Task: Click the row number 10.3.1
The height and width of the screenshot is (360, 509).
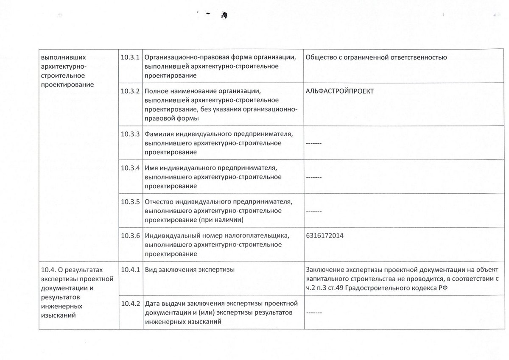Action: click(x=130, y=57)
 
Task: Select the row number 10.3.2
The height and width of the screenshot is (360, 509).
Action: click(x=130, y=91)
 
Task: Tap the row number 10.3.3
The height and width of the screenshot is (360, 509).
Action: click(x=130, y=134)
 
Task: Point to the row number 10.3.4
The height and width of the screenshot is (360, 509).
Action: click(x=130, y=167)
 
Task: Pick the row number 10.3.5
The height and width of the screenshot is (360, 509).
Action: click(x=130, y=201)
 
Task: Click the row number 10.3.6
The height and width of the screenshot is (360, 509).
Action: click(x=130, y=236)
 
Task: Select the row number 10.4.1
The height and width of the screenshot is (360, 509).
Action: click(x=130, y=269)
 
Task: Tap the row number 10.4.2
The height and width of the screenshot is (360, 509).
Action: click(x=130, y=304)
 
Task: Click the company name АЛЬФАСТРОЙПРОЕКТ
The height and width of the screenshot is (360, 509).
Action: click(x=339, y=91)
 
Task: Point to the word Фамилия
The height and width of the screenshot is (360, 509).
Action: click(x=159, y=134)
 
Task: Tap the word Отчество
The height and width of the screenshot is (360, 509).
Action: click(x=159, y=201)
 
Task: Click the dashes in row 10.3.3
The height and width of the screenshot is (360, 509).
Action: click(x=313, y=143)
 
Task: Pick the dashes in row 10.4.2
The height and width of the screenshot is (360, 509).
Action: click(x=313, y=313)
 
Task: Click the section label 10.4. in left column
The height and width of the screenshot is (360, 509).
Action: click(x=49, y=269)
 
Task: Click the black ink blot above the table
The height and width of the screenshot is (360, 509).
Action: click(x=224, y=16)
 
